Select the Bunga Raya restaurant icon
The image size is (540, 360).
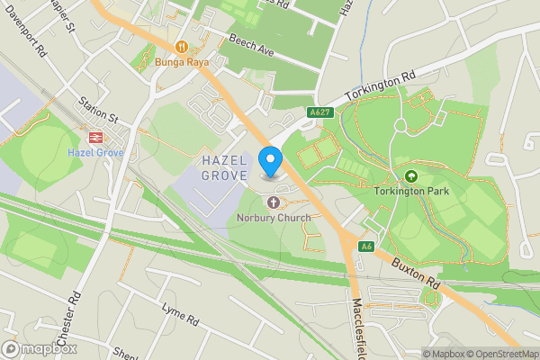[182, 46]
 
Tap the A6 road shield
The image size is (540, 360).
[365, 246]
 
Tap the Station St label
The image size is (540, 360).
[98, 109]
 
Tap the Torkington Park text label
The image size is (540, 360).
[412, 191]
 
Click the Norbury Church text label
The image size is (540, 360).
[274, 217]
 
